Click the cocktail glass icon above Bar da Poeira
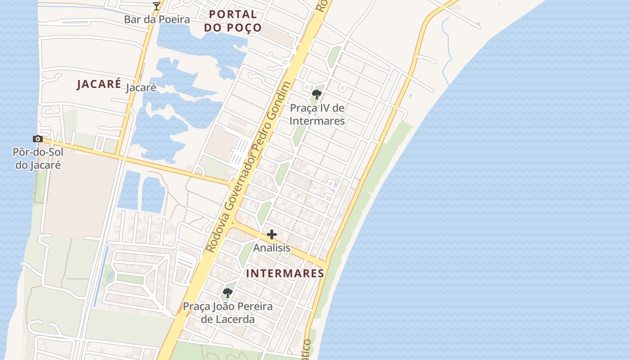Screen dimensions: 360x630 pos(157,6)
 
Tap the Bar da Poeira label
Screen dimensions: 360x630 pos(157,19)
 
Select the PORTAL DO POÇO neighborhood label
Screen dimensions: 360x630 pos(233,21)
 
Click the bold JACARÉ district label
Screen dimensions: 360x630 pos(99,84)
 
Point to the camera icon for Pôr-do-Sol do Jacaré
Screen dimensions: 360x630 pos(38,139)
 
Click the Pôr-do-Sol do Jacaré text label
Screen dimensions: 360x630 pos(38,158)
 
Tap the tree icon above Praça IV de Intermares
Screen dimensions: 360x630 pos(317,94)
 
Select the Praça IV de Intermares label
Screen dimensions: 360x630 pos(317,114)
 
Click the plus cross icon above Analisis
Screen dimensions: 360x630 pos(272,234)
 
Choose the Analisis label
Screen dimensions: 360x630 pos(272,248)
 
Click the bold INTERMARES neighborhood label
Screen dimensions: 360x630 pos(285,273)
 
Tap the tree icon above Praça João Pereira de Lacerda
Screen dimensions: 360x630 pos(228,293)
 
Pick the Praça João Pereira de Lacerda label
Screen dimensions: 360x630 pos(228,313)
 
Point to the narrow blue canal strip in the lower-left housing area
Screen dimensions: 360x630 pos(101,276)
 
